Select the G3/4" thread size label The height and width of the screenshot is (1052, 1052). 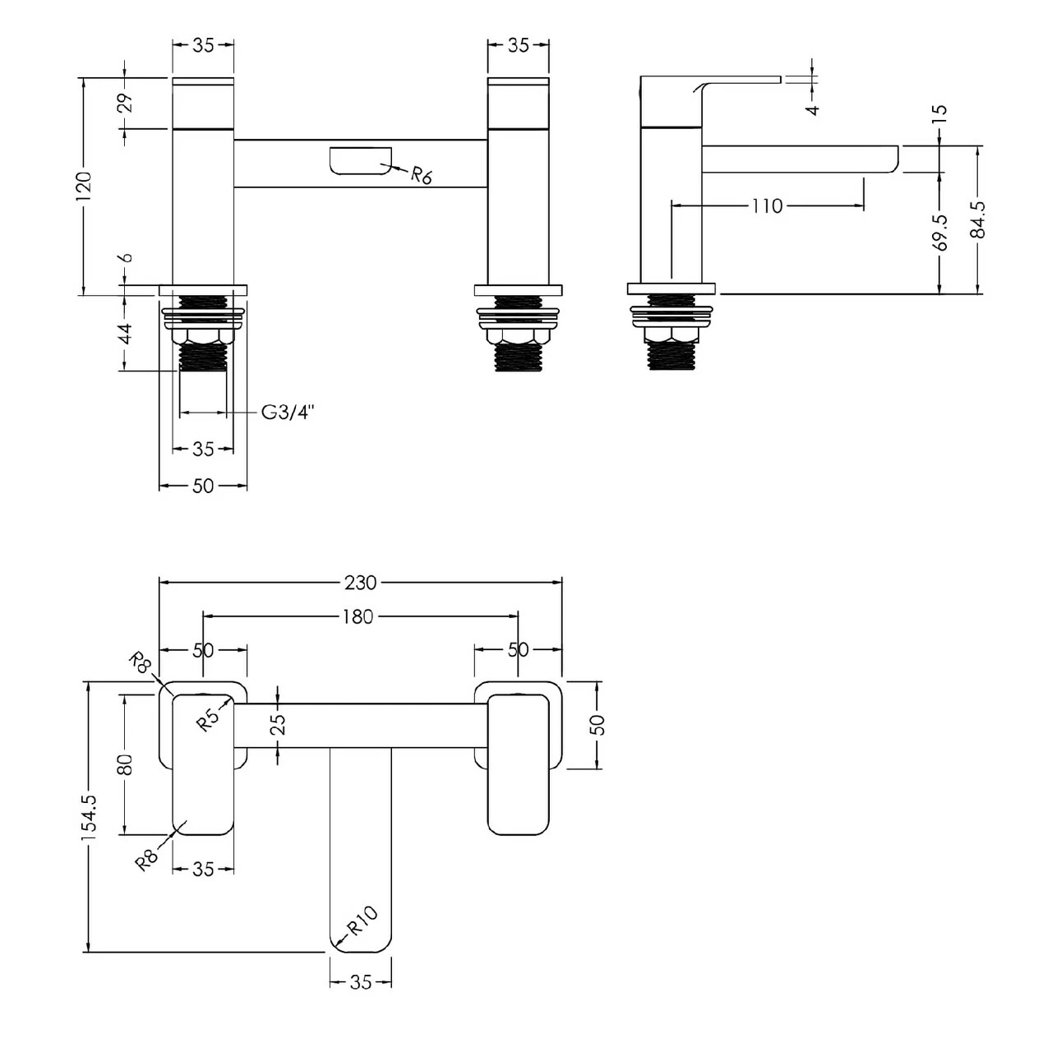(288, 413)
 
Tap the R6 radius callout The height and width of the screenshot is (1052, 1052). (421, 175)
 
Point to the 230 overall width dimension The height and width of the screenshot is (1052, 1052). (360, 583)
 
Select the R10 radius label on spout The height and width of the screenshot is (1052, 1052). (362, 921)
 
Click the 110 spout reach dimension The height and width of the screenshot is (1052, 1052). (766, 205)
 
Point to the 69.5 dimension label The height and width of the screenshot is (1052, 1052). (941, 233)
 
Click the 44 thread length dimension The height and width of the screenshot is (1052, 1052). (124, 334)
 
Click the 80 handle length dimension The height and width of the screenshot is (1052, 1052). (125, 764)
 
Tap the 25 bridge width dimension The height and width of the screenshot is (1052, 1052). (278, 724)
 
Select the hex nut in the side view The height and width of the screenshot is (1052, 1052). (671, 335)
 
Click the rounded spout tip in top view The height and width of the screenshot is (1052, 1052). (361, 937)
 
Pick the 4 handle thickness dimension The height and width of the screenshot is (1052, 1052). (813, 108)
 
